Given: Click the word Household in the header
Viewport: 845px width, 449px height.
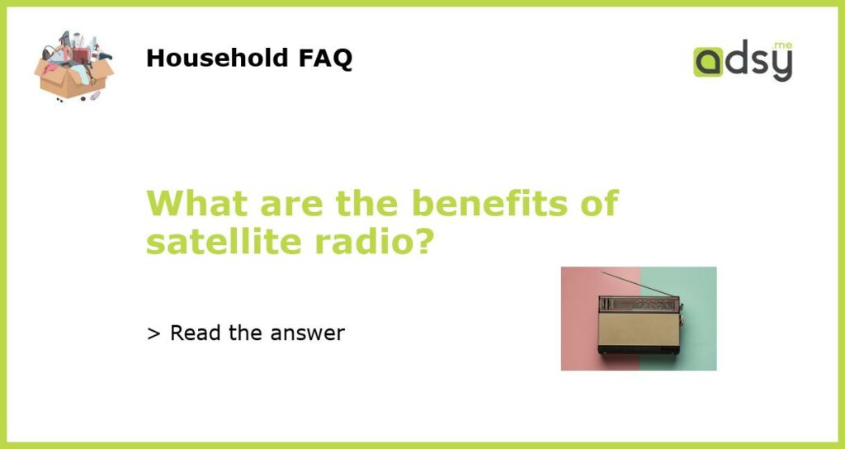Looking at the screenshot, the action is [x=218, y=58].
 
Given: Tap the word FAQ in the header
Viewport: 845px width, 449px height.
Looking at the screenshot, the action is [x=325, y=59].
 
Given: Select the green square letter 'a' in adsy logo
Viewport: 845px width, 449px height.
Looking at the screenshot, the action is [x=707, y=62].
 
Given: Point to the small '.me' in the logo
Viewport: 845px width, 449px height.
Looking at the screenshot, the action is [x=782, y=45].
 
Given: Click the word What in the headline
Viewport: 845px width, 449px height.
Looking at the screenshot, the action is [x=197, y=203].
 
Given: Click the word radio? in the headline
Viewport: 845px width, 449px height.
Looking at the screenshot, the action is [x=374, y=242].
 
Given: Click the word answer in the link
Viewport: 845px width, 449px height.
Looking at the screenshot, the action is [x=307, y=335].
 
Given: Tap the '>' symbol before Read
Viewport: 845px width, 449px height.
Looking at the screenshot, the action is [x=153, y=334].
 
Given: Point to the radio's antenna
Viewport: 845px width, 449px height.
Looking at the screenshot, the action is [x=639, y=284].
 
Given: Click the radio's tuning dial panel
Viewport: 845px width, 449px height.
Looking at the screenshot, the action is [x=639, y=304].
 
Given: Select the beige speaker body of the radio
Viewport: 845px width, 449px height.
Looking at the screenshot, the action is [x=639, y=330].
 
